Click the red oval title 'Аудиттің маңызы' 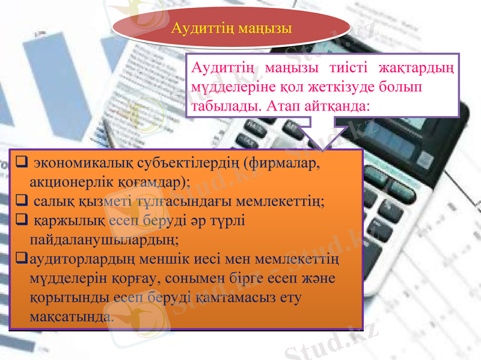pos(231,28)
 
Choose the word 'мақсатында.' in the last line pos(70,316)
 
